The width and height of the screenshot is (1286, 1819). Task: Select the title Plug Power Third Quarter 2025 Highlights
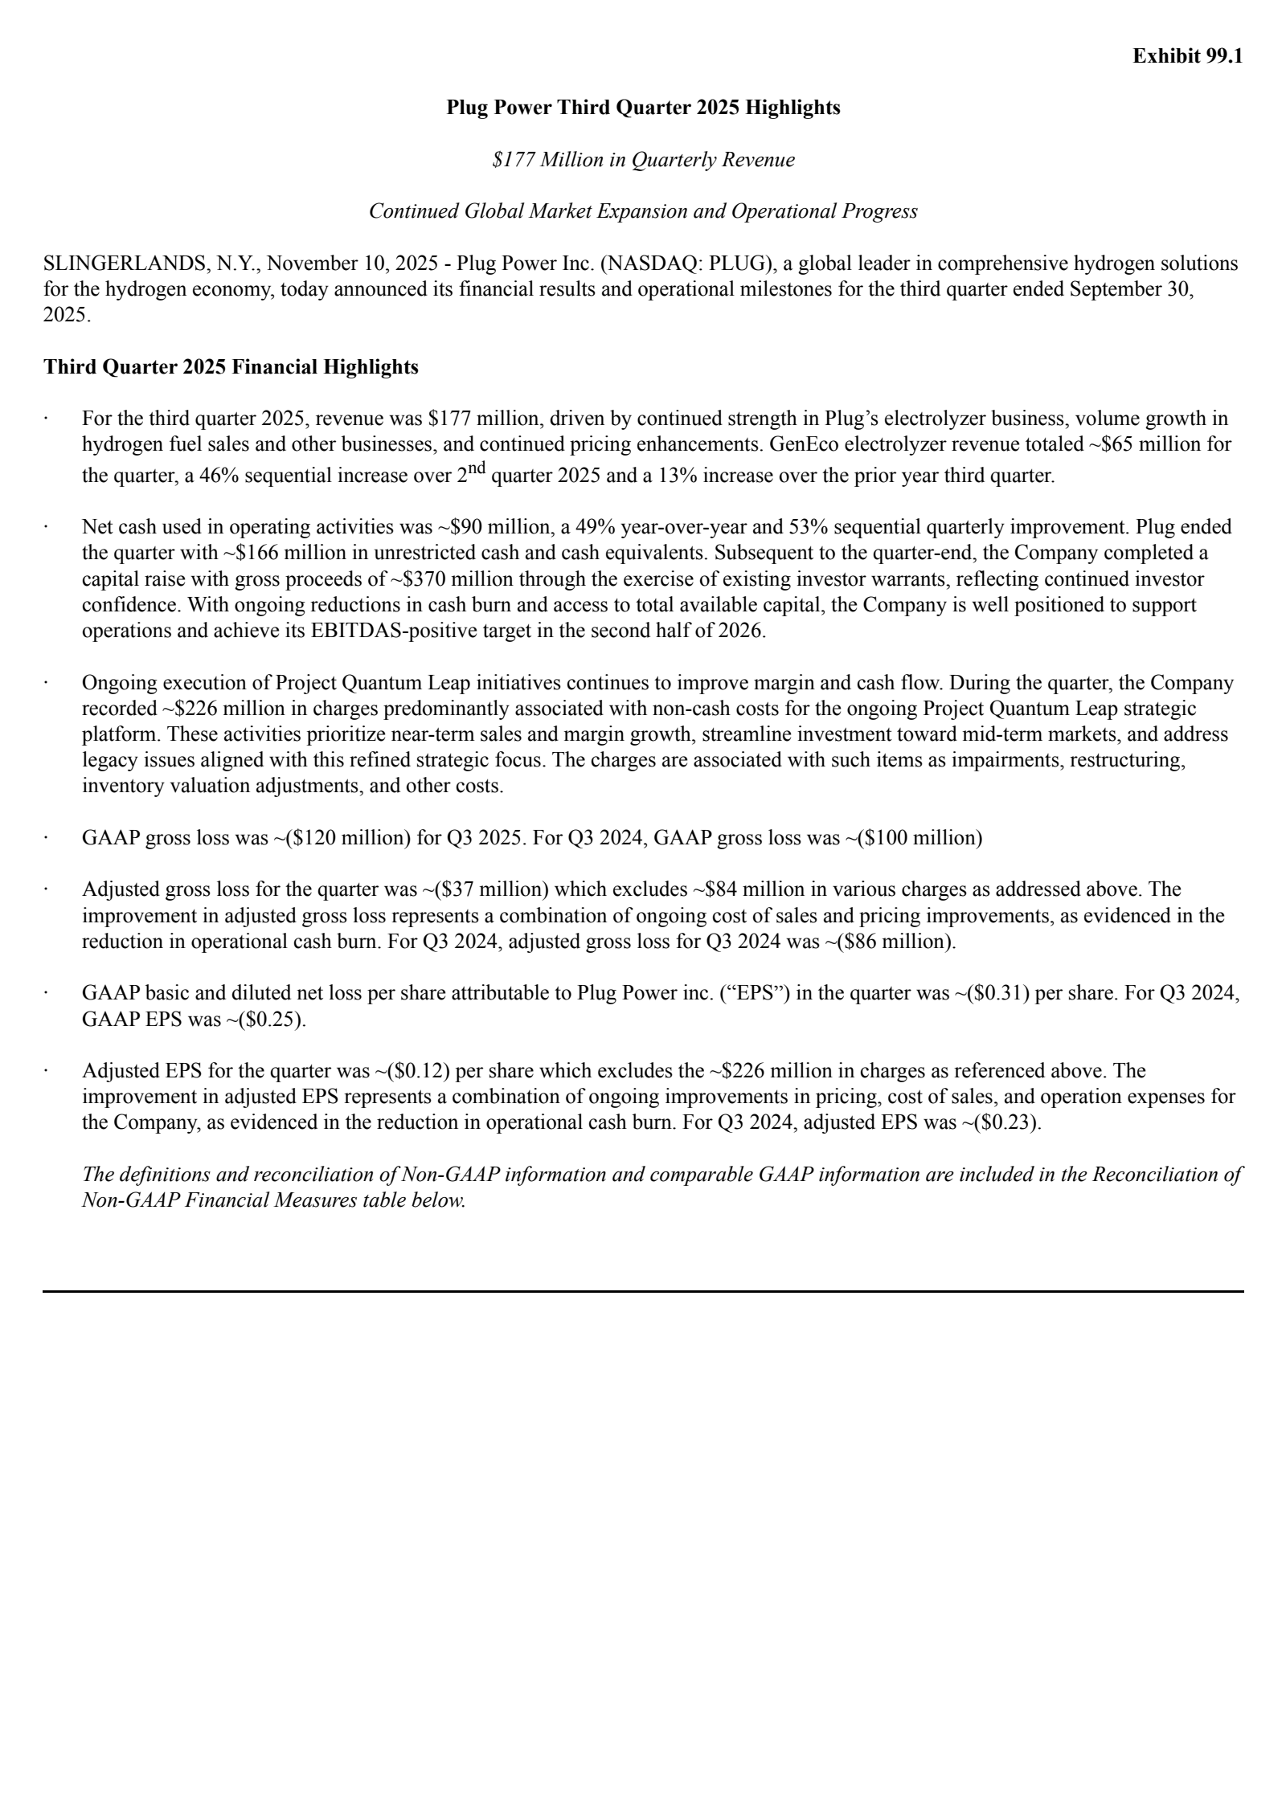[643, 108]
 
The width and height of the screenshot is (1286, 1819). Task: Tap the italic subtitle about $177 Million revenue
[643, 160]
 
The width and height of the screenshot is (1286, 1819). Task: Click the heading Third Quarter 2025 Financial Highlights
[231, 367]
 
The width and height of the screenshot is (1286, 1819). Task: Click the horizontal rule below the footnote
[643, 1291]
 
